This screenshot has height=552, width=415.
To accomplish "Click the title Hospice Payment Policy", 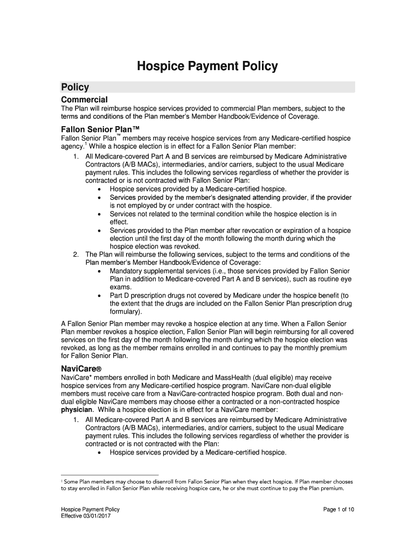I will coord(207,66).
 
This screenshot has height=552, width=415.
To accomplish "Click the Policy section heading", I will coord(75,87).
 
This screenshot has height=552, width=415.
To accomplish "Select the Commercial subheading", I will coord(84,100).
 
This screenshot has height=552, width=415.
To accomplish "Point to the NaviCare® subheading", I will coord(82,368).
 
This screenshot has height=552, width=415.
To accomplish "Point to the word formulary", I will coord(126,312).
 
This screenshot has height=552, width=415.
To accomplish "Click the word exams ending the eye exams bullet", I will coord(120,287).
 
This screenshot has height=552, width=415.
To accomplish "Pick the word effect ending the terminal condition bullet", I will coord(119,222).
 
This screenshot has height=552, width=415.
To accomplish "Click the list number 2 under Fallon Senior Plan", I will coord(77,254).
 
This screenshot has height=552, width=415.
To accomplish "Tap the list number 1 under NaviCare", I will coord(77,419).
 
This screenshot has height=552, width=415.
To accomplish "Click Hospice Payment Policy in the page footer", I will coord(90,509).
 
